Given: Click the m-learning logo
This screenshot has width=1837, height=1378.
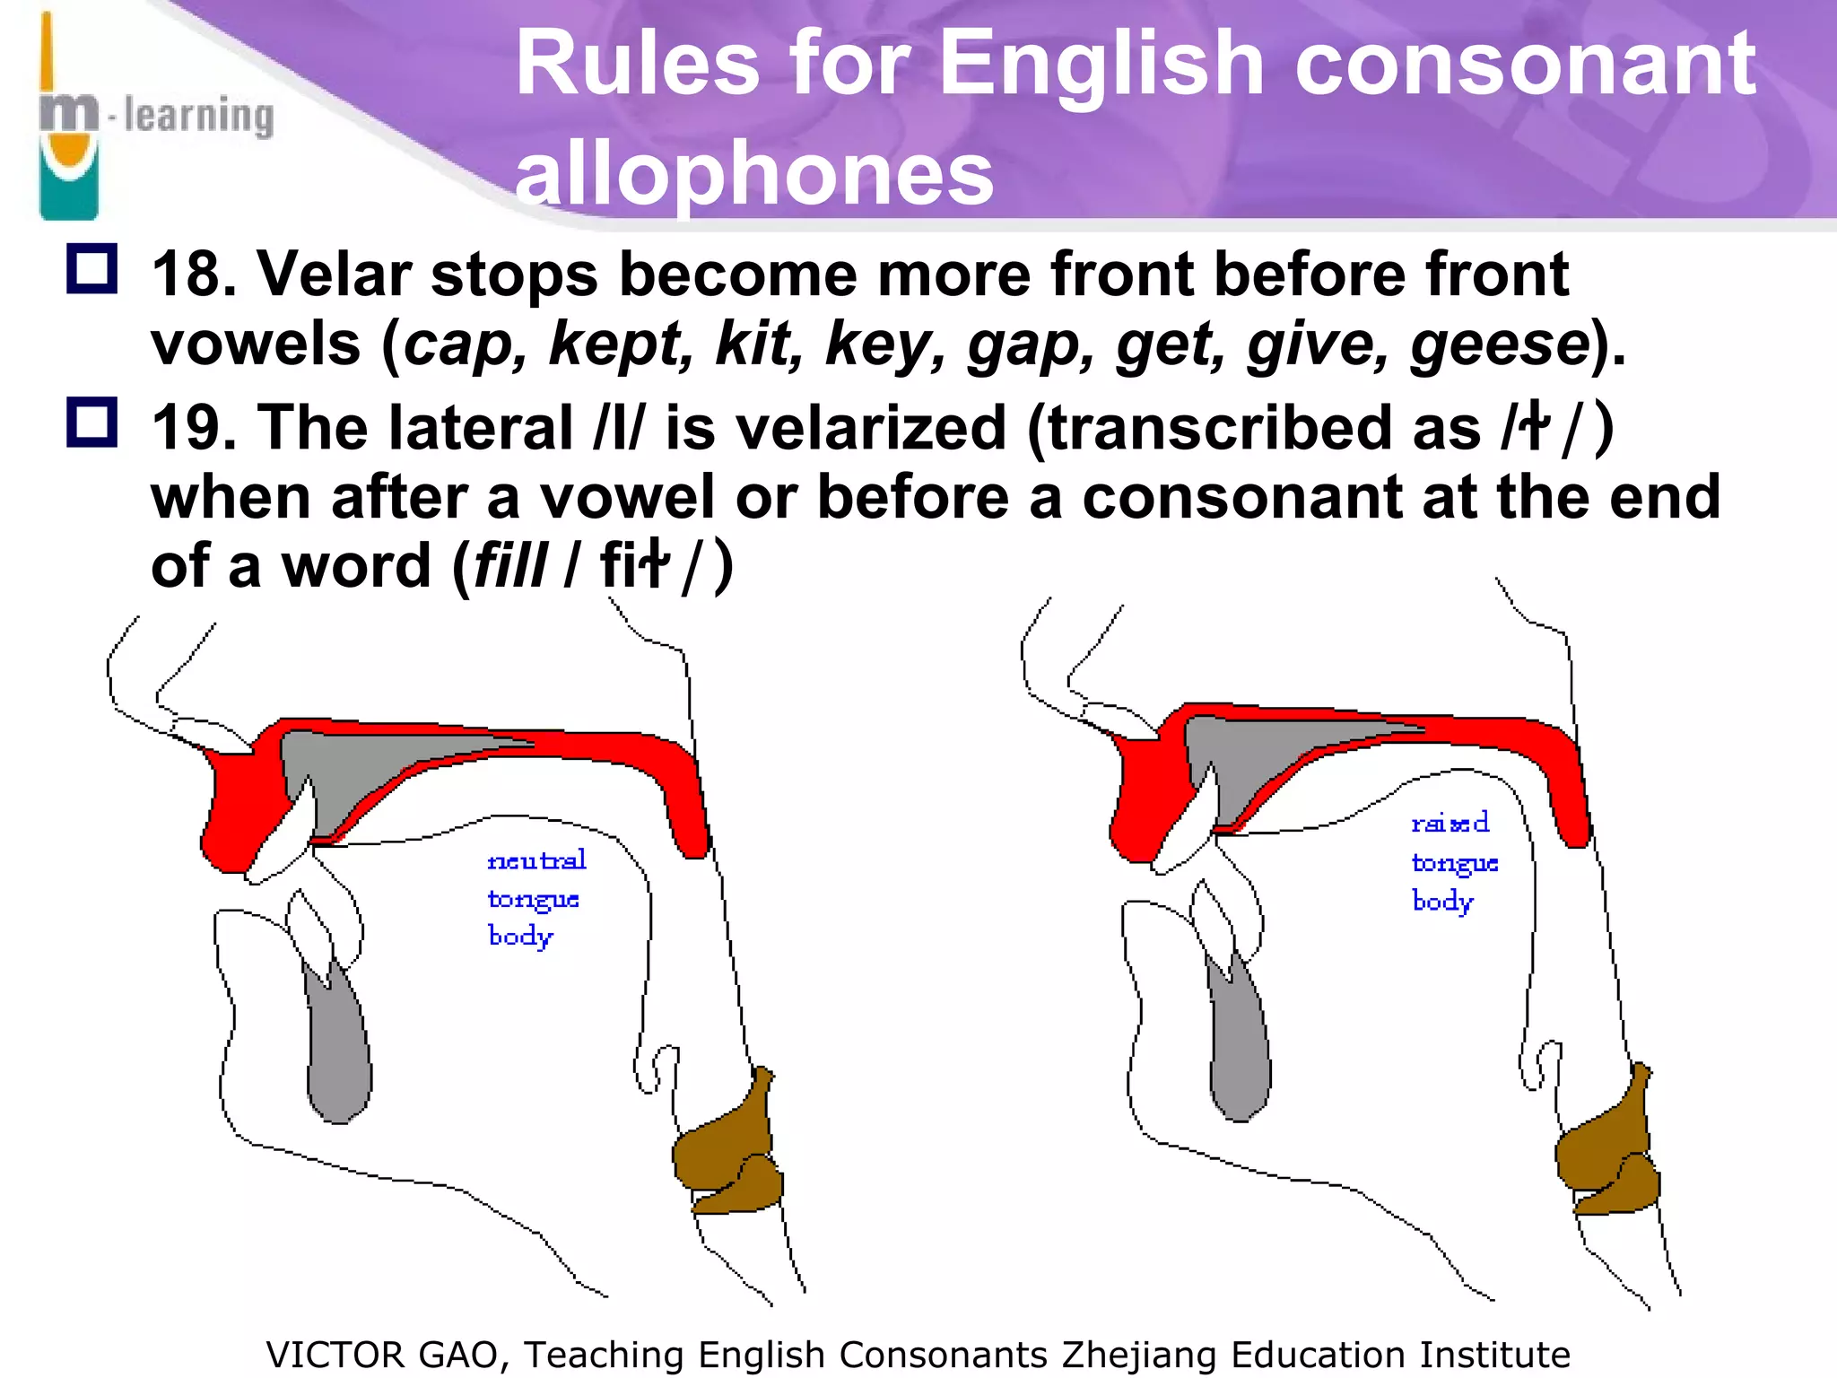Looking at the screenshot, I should pos(152,117).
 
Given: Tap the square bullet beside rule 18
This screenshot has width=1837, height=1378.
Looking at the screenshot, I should pos(91,268).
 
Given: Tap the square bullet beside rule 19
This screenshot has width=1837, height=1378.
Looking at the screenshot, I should pos(91,422).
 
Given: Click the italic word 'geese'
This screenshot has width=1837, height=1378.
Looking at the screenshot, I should pos(1500,344).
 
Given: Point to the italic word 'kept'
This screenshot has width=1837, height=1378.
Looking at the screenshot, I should pos(620,344).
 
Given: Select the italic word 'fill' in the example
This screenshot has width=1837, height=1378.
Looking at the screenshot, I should pos(510,567).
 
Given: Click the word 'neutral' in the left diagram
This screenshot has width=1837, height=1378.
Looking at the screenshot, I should pos(536,860).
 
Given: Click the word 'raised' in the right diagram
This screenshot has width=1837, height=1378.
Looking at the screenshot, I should pos(1450,823).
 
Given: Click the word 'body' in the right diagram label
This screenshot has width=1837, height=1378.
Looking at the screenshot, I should pos(1441,901).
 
